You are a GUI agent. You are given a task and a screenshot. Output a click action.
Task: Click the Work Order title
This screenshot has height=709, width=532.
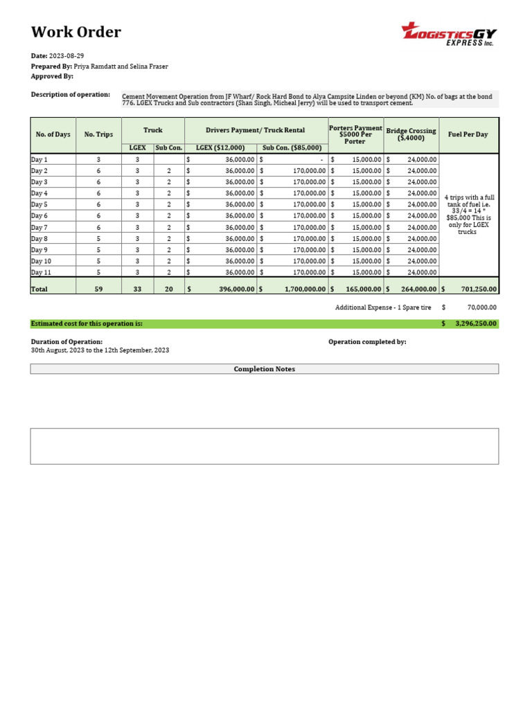pyautogui.click(x=76, y=32)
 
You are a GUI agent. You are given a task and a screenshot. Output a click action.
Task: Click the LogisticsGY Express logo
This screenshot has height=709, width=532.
pyautogui.click(x=449, y=34)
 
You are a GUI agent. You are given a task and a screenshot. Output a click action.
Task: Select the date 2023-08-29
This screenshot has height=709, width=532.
pyautogui.click(x=67, y=55)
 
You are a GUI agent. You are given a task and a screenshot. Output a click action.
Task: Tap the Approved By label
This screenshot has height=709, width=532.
pyautogui.click(x=52, y=76)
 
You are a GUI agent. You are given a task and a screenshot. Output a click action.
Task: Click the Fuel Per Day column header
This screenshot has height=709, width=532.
pyautogui.click(x=468, y=134)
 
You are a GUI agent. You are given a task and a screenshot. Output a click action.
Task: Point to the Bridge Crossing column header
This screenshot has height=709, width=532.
pyautogui.click(x=411, y=134)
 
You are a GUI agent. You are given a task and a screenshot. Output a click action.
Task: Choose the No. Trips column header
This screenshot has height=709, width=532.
pyautogui.click(x=98, y=134)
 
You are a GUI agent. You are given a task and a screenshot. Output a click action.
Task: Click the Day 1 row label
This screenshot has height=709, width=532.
pyautogui.click(x=39, y=159)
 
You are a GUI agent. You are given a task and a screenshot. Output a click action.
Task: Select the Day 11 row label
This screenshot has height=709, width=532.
pyautogui.click(x=42, y=272)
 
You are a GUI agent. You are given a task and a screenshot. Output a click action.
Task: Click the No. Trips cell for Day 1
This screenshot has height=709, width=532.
pyautogui.click(x=98, y=159)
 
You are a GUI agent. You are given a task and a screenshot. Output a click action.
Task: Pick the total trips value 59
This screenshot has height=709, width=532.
pyautogui.click(x=98, y=289)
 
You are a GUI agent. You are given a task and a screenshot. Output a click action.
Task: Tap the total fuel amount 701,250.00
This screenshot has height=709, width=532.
pyautogui.click(x=475, y=289)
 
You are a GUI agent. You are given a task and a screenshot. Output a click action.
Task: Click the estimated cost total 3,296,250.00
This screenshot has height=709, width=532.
pyautogui.click(x=475, y=323)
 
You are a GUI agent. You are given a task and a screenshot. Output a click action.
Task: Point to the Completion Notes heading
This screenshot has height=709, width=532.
pyautogui.click(x=264, y=369)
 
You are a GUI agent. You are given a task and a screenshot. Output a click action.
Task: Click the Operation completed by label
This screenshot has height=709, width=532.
pyautogui.click(x=367, y=341)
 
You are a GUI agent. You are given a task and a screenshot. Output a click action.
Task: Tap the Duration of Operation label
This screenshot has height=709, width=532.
pyautogui.click(x=66, y=341)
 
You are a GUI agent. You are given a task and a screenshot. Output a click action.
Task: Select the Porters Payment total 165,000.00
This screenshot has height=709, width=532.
pyautogui.click(x=363, y=289)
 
